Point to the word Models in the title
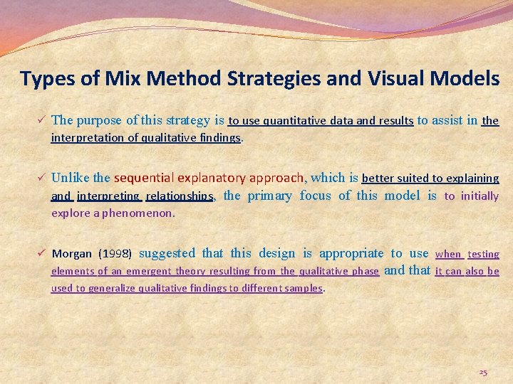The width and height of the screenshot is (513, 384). point(468,78)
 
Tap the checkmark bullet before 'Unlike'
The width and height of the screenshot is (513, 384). point(43,177)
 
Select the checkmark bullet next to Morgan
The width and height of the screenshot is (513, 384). point(43,253)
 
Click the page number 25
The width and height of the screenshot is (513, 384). point(483,372)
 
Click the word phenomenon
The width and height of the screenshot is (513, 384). point(138,213)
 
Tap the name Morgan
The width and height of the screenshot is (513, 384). point(72,254)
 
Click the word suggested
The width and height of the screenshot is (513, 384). point(167,253)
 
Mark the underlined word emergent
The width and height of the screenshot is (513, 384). point(149,271)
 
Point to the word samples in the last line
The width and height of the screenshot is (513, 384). point(303,288)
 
